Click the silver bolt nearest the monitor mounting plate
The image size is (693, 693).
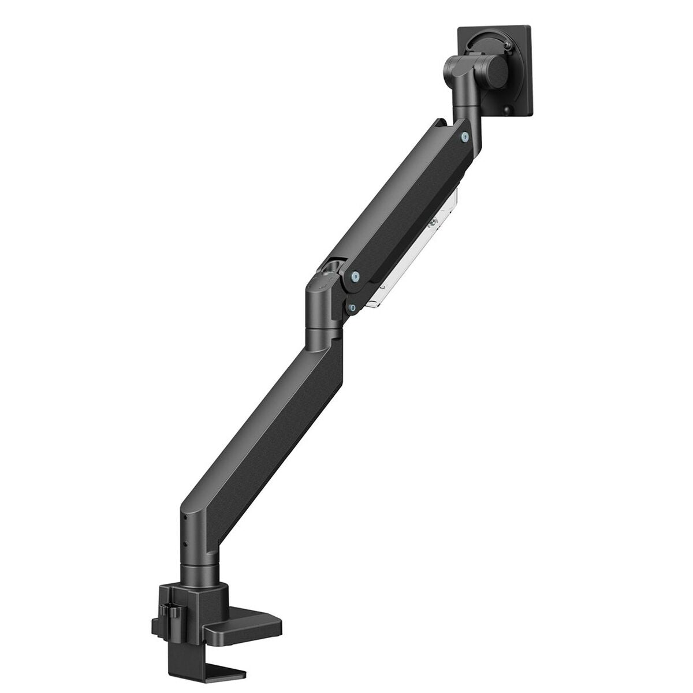[x=465, y=136]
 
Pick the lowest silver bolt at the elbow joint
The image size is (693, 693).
[x=351, y=308]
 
